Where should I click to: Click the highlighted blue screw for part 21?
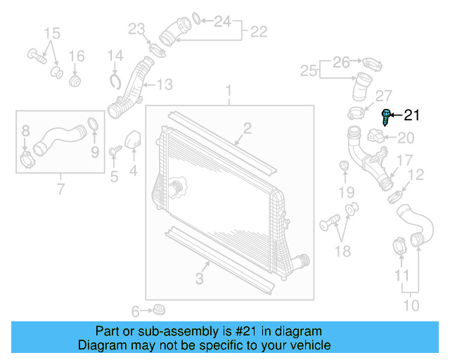pyautogui.click(x=386, y=116)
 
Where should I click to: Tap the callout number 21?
pyautogui.click(x=411, y=115)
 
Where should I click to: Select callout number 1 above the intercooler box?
pyautogui.click(x=228, y=90)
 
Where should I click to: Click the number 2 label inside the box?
pyautogui.click(x=247, y=127)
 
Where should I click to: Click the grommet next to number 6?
pyautogui.click(x=159, y=309)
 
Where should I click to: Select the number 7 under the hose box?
pyautogui.click(x=60, y=188)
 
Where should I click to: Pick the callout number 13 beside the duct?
pyautogui.click(x=163, y=85)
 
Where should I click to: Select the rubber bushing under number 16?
pyautogui.click(x=77, y=81)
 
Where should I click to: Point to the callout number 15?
pyautogui.click(x=53, y=33)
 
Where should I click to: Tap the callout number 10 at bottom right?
pyautogui.click(x=411, y=305)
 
